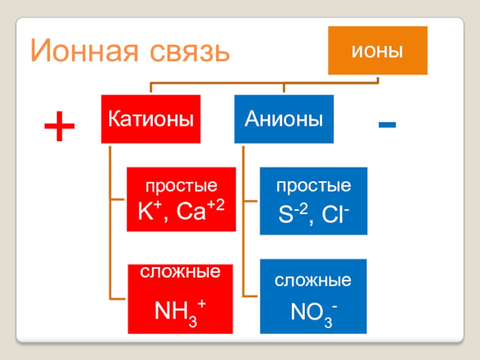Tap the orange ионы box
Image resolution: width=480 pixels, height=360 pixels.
(x=377, y=50)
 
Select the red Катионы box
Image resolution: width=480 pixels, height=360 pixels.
(x=151, y=119)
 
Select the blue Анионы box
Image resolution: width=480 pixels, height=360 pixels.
(x=283, y=119)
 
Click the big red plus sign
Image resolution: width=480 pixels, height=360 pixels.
(x=59, y=128)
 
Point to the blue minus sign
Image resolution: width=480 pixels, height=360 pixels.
(x=387, y=125)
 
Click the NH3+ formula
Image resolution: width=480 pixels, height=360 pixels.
(x=181, y=310)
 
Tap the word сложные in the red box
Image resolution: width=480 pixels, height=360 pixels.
(x=181, y=272)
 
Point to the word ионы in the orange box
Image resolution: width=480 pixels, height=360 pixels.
(x=377, y=50)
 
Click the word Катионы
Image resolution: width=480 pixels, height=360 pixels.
(x=151, y=119)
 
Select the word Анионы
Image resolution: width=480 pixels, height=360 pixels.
(x=283, y=119)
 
